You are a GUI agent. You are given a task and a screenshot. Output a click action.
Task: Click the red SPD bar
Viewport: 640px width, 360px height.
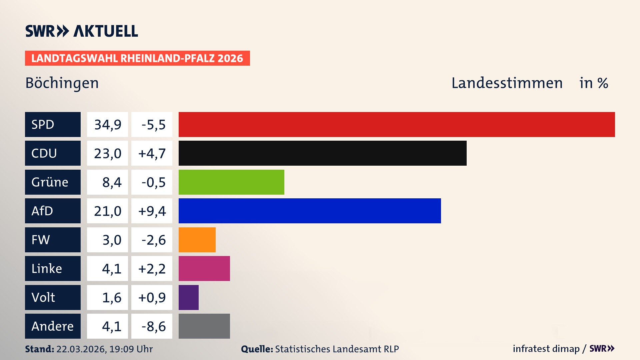[x=397, y=124]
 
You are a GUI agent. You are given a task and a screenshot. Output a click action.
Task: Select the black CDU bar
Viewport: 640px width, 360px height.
[x=322, y=153]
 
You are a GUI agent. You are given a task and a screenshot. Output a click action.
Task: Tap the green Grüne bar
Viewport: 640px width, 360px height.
[x=231, y=182]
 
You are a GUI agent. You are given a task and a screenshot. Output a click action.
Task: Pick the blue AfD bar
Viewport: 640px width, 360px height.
[x=310, y=211]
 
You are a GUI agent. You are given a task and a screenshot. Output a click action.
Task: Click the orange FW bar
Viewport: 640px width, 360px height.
[x=197, y=240]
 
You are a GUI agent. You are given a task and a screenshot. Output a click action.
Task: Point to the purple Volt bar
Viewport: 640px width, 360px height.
[x=189, y=297]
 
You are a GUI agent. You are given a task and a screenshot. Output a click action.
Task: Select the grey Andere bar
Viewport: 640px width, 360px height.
[x=204, y=326]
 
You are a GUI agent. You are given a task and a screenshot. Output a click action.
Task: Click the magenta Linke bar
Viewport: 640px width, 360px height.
[x=204, y=268]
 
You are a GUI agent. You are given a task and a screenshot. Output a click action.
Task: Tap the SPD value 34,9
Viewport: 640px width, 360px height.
[x=107, y=125]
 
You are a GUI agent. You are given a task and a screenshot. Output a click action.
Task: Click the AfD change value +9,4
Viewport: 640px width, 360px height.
[x=152, y=211]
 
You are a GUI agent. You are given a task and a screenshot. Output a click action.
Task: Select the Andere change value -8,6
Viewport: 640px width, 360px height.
[x=153, y=326]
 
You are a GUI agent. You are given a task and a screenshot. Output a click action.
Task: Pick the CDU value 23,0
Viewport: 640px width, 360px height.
[x=107, y=153]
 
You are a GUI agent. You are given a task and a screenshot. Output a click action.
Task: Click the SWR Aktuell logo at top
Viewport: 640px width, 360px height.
[x=81, y=31]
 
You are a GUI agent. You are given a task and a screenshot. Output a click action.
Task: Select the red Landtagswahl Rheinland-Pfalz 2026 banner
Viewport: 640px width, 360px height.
[x=137, y=58]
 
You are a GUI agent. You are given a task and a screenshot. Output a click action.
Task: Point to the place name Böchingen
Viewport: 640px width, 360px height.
[x=62, y=83]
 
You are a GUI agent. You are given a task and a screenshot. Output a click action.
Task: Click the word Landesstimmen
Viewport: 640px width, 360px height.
[x=507, y=83]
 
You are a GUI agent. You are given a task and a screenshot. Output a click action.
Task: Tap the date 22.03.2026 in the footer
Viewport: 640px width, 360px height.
[x=81, y=349]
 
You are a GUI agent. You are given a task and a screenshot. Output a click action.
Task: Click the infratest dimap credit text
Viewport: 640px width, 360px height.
[x=546, y=349]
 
